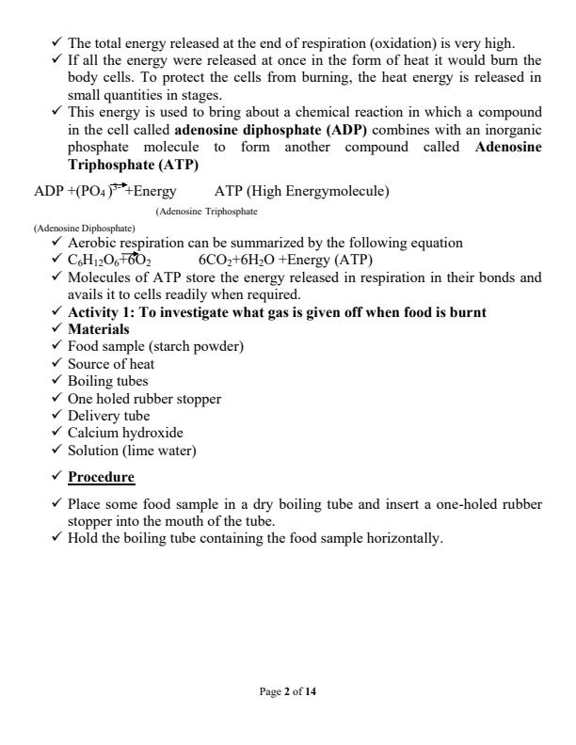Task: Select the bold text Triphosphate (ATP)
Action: point(133,164)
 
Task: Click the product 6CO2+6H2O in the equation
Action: point(240,260)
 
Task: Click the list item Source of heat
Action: point(111,363)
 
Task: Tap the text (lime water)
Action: point(161,450)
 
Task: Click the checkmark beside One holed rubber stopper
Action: point(57,398)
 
